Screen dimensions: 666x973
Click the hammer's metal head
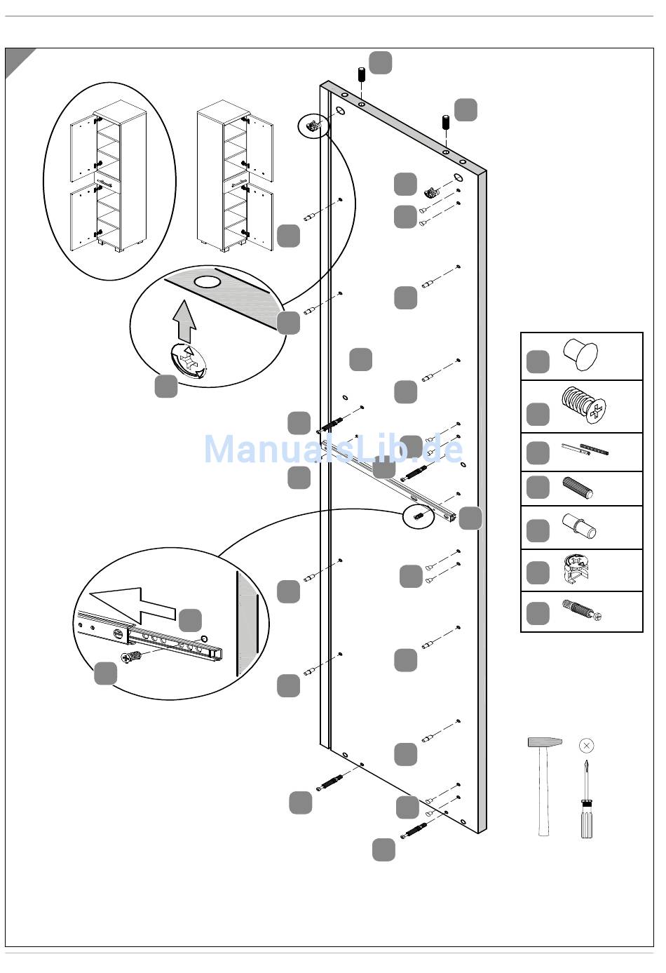tap(545, 742)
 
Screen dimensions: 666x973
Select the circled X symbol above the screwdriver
tap(587, 746)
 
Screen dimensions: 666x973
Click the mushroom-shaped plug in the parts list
tap(580, 355)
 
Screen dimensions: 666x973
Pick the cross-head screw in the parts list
tap(584, 405)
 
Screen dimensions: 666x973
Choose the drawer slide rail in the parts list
tap(585, 449)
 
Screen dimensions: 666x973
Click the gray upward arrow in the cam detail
tap(184, 320)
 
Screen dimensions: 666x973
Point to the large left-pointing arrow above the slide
tap(132, 604)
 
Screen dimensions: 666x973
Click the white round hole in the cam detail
tap(208, 282)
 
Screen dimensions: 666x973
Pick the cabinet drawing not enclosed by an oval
tap(235, 176)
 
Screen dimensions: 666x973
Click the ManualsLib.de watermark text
tap(334, 449)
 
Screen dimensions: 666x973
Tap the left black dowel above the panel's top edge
tap(361, 74)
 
